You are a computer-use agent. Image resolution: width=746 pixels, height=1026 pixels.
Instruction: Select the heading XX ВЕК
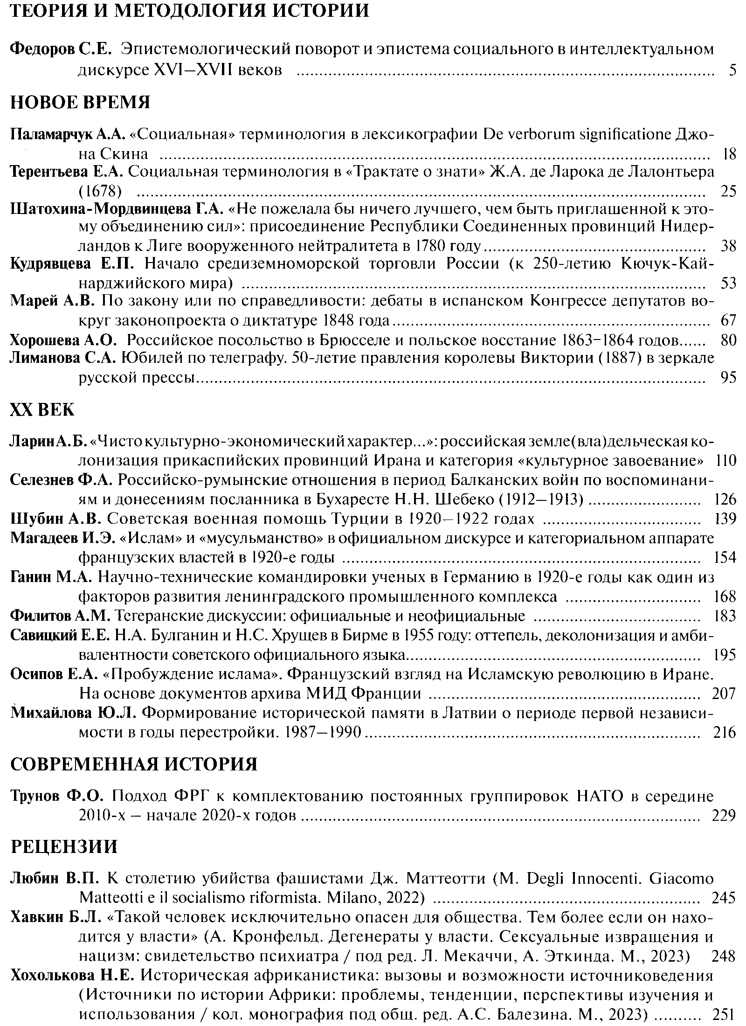[42, 409]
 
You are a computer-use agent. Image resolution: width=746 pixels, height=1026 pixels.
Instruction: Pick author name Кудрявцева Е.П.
[72, 264]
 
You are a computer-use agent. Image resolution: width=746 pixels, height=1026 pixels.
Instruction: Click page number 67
[728, 320]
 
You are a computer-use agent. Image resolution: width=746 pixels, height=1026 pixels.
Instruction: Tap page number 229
[724, 815]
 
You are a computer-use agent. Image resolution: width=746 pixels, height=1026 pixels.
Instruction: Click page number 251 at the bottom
[724, 1014]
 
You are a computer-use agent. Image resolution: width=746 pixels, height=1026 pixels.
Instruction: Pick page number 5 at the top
[732, 71]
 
